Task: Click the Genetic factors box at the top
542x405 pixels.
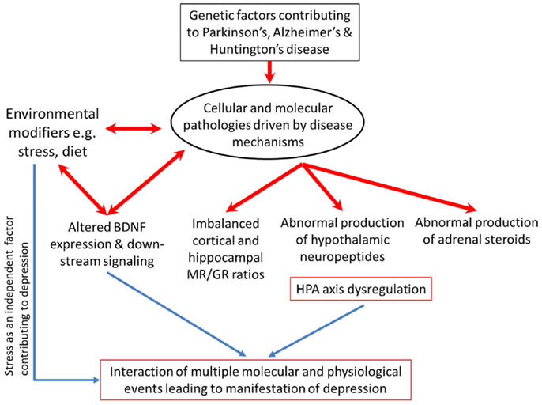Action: [269, 32]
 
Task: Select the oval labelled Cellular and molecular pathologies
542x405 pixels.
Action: [267, 125]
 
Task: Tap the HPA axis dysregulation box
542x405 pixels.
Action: [360, 289]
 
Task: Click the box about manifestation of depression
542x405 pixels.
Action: [255, 380]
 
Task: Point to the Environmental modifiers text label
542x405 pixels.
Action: [52, 133]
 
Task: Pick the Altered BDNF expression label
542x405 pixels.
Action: [107, 244]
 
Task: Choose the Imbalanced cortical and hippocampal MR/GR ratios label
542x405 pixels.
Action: [226, 249]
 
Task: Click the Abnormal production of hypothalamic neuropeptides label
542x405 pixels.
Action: [342, 240]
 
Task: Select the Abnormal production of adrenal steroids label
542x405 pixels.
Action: [476, 231]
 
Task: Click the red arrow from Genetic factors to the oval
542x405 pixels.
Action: [269, 72]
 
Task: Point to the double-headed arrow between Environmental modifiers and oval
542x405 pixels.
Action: [134, 129]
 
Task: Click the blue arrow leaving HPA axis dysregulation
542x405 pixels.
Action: [316, 331]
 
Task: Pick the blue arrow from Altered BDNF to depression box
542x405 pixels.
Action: [176, 314]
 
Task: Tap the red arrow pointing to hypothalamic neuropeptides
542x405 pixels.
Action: [322, 187]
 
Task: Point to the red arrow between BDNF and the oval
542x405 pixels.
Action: [146, 183]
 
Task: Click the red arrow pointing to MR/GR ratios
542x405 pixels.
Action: [265, 187]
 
